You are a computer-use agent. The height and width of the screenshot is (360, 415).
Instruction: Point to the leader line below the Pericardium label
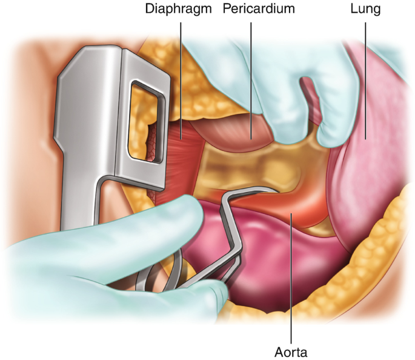(x=251, y=73)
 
